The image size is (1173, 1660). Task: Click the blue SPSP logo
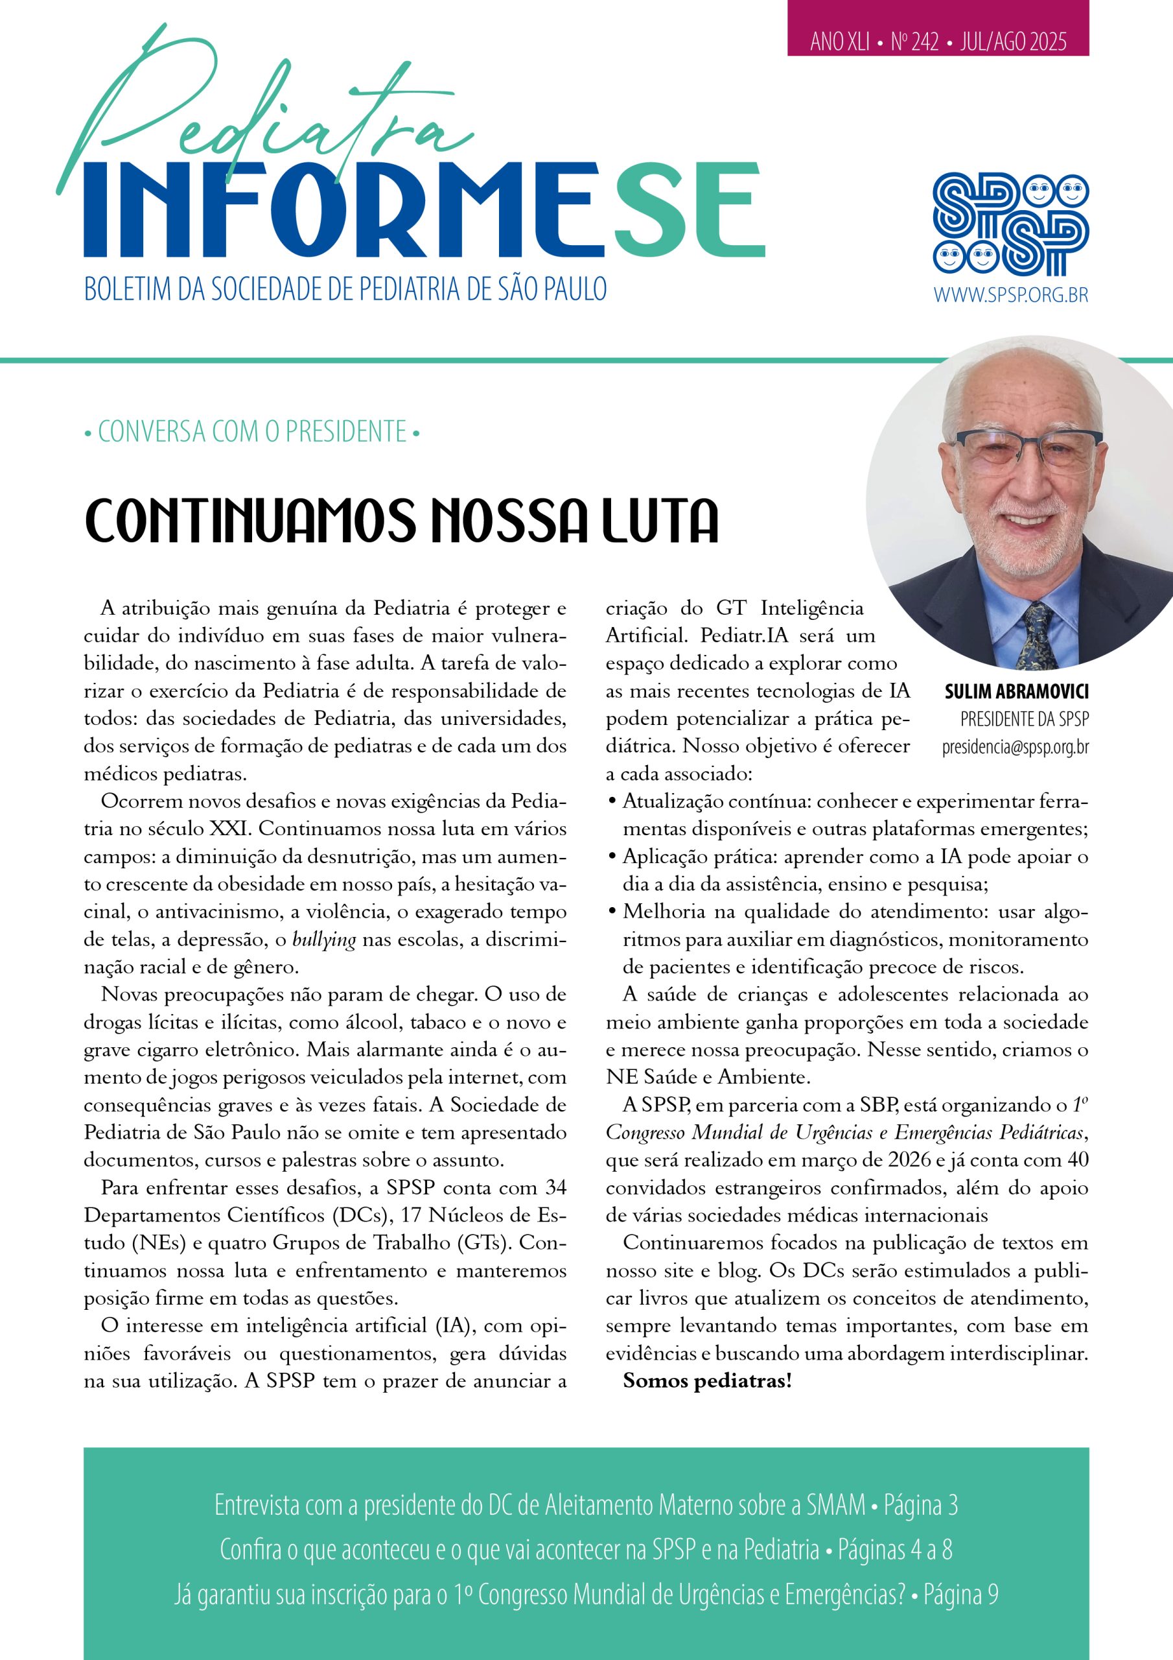pyautogui.click(x=1010, y=225)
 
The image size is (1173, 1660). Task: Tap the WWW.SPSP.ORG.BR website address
pyautogui.click(x=1010, y=295)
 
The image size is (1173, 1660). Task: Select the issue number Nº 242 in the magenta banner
pyautogui.click(x=914, y=43)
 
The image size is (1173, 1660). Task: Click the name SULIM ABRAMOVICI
pyautogui.click(x=1016, y=692)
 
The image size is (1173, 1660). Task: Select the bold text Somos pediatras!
pyautogui.click(x=707, y=1381)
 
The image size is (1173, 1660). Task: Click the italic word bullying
pyautogui.click(x=324, y=940)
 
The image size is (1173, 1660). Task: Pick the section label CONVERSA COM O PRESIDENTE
pyautogui.click(x=252, y=433)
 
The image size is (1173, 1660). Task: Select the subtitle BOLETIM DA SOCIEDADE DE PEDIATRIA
pyautogui.click(x=345, y=290)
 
